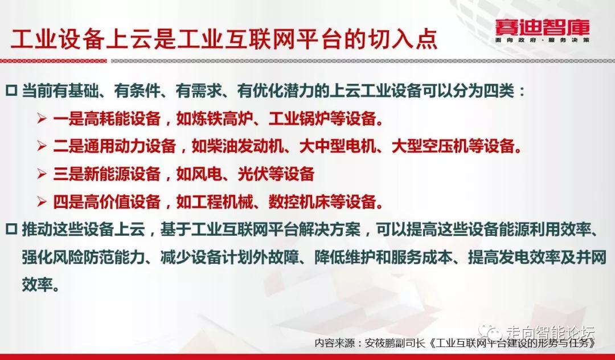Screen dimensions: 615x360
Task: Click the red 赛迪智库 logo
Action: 542,27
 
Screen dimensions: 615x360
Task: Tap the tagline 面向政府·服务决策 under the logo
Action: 542,40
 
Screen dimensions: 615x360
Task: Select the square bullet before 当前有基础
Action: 11,91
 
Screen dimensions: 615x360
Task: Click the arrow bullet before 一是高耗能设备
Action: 42,118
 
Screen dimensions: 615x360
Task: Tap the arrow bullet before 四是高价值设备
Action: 42,202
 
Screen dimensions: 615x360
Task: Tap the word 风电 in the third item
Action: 207,174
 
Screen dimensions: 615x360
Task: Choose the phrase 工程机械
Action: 223,202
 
